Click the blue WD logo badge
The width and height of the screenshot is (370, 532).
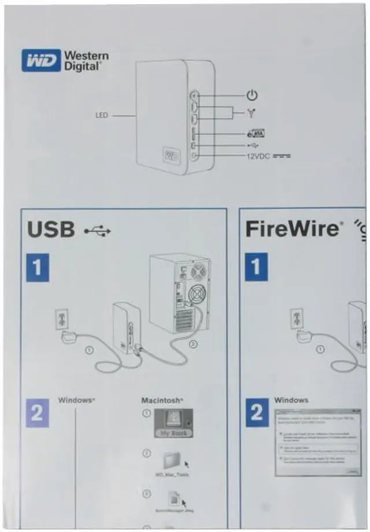point(40,60)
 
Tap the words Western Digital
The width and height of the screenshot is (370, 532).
point(86,61)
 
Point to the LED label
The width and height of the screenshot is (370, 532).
point(102,116)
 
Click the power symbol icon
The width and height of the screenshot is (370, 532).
point(251,95)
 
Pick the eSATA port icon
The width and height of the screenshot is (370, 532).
point(255,132)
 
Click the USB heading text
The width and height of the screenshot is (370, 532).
point(51,230)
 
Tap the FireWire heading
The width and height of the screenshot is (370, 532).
point(291,228)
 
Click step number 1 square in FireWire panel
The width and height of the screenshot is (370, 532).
point(256,267)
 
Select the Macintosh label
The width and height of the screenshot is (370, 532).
point(162,400)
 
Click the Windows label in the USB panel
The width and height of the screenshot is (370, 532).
point(76,400)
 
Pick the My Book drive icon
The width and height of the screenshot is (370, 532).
point(173,423)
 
